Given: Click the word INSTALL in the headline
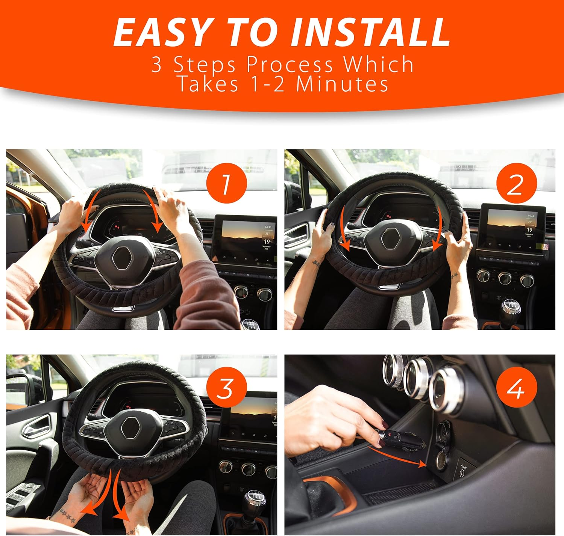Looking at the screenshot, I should [370, 32].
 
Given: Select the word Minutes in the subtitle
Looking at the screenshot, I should [342, 84].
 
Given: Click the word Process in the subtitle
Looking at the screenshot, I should [290, 64].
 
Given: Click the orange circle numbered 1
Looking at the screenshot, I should [226, 183].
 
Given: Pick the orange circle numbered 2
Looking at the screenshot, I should [516, 183].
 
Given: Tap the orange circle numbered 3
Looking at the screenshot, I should [226, 389].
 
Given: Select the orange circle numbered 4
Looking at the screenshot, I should [516, 389].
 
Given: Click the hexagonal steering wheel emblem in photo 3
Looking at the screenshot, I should [129, 428].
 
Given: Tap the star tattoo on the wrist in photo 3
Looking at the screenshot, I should [68, 515].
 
